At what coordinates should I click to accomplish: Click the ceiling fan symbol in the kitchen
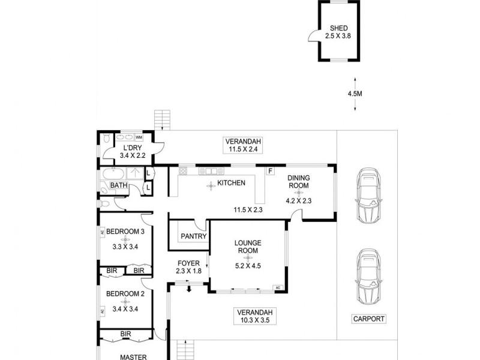click(x=211, y=186)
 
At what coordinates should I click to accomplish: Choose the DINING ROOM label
click(x=298, y=182)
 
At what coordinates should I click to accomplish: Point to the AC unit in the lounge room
click(x=277, y=288)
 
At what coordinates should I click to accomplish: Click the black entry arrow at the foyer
click(x=189, y=290)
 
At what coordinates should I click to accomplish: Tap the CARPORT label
click(x=368, y=319)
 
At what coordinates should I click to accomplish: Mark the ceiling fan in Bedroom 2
click(x=125, y=302)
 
